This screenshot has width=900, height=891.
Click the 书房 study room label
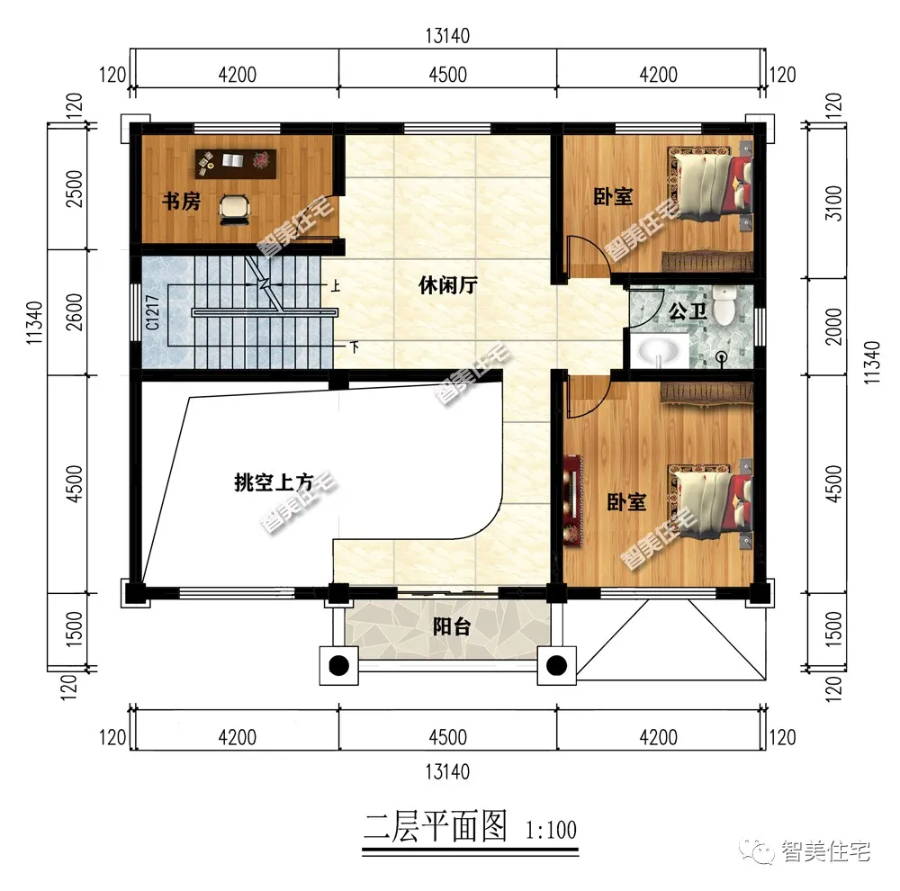coord(180,201)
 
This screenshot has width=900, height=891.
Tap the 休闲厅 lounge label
coord(447,286)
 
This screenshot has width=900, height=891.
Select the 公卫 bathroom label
coord(688,313)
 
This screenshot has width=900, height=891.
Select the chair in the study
coord(234,206)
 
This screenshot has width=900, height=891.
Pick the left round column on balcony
coord(338,666)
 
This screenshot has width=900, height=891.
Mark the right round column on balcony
coord(557,666)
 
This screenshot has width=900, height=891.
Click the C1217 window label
coord(153,311)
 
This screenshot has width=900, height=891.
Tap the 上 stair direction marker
coord(335,286)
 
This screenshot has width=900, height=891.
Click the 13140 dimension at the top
coord(447,36)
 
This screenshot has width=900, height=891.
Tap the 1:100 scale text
coord(548,829)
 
